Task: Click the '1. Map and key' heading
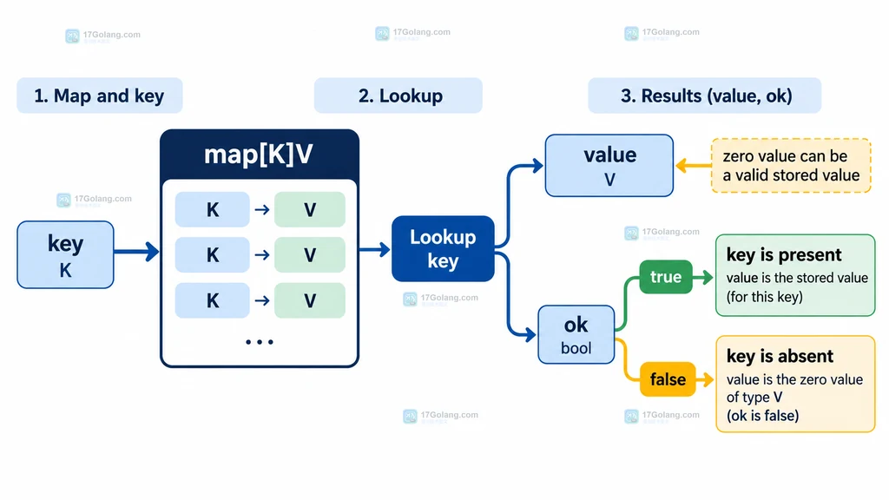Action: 99,95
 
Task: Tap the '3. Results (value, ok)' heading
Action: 705,95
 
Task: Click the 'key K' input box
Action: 65,254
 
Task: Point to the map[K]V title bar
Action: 259,155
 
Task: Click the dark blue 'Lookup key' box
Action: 443,249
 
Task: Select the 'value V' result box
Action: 609,166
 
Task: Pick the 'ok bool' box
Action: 576,334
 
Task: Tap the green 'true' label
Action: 666,277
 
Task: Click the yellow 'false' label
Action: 668,378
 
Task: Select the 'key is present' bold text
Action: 784,255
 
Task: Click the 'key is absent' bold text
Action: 780,356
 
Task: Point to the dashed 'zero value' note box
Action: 791,166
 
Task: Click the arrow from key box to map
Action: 136,252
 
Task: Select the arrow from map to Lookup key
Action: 375,249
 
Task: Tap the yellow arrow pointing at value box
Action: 694,166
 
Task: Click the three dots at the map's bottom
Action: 259,342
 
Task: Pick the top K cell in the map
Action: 212,210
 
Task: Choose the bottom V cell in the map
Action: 310,300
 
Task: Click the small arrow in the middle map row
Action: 262,255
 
